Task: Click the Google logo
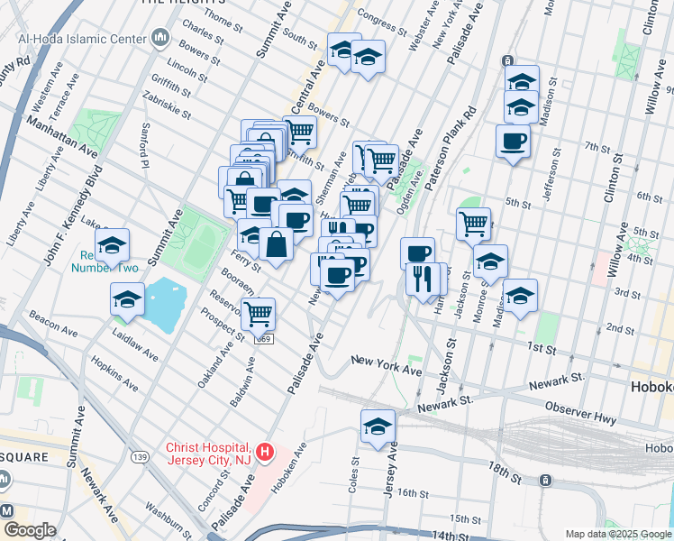tap(29, 530)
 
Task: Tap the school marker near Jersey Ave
tap(378, 427)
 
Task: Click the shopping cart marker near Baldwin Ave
tap(258, 315)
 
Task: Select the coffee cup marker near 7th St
tap(513, 142)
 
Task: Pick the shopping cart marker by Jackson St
tap(473, 223)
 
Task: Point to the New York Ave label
tap(387, 364)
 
